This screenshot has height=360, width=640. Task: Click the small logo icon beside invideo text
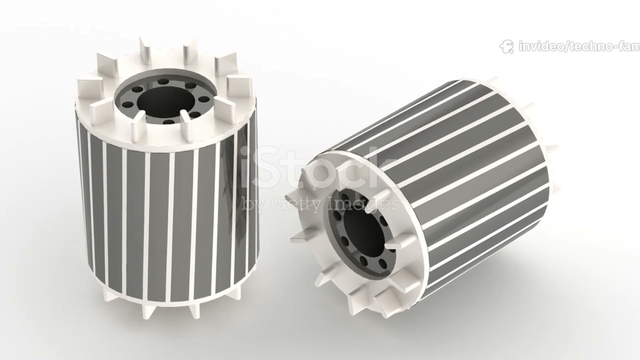tap(506, 47)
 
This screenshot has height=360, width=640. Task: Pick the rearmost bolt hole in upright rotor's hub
tap(163, 81)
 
